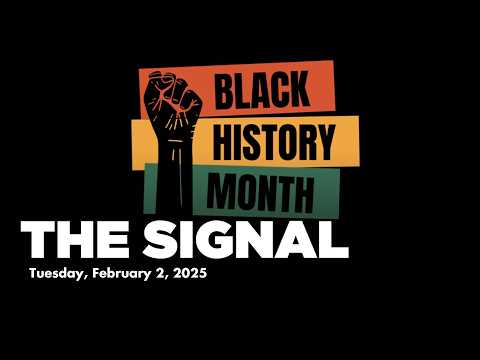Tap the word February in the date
[127, 275]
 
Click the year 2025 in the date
[189, 275]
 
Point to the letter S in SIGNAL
[159, 241]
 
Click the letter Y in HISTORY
[323, 143]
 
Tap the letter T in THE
[35, 241]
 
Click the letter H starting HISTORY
[221, 143]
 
